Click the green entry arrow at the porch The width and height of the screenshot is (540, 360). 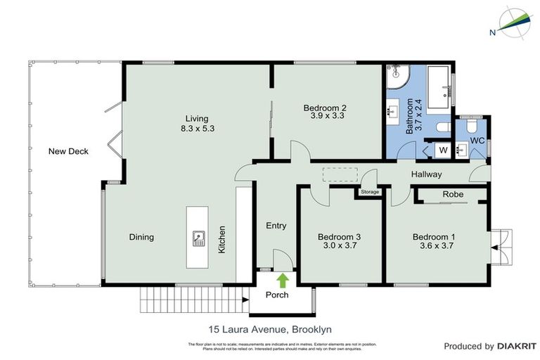[x=282, y=281]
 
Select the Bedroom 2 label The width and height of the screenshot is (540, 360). [x=326, y=108]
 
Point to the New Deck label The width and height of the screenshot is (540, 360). [x=68, y=151]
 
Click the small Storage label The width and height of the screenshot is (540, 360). [x=369, y=192]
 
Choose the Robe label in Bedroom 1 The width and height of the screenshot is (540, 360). [x=451, y=195]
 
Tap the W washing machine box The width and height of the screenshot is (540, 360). [x=443, y=149]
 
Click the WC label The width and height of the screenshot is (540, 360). [x=477, y=141]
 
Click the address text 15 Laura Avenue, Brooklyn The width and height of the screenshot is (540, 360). [x=269, y=328]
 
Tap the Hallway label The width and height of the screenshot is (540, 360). [x=426, y=174]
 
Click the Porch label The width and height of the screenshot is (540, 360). [x=276, y=295]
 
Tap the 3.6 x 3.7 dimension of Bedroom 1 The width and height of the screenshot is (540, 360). [x=434, y=247]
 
